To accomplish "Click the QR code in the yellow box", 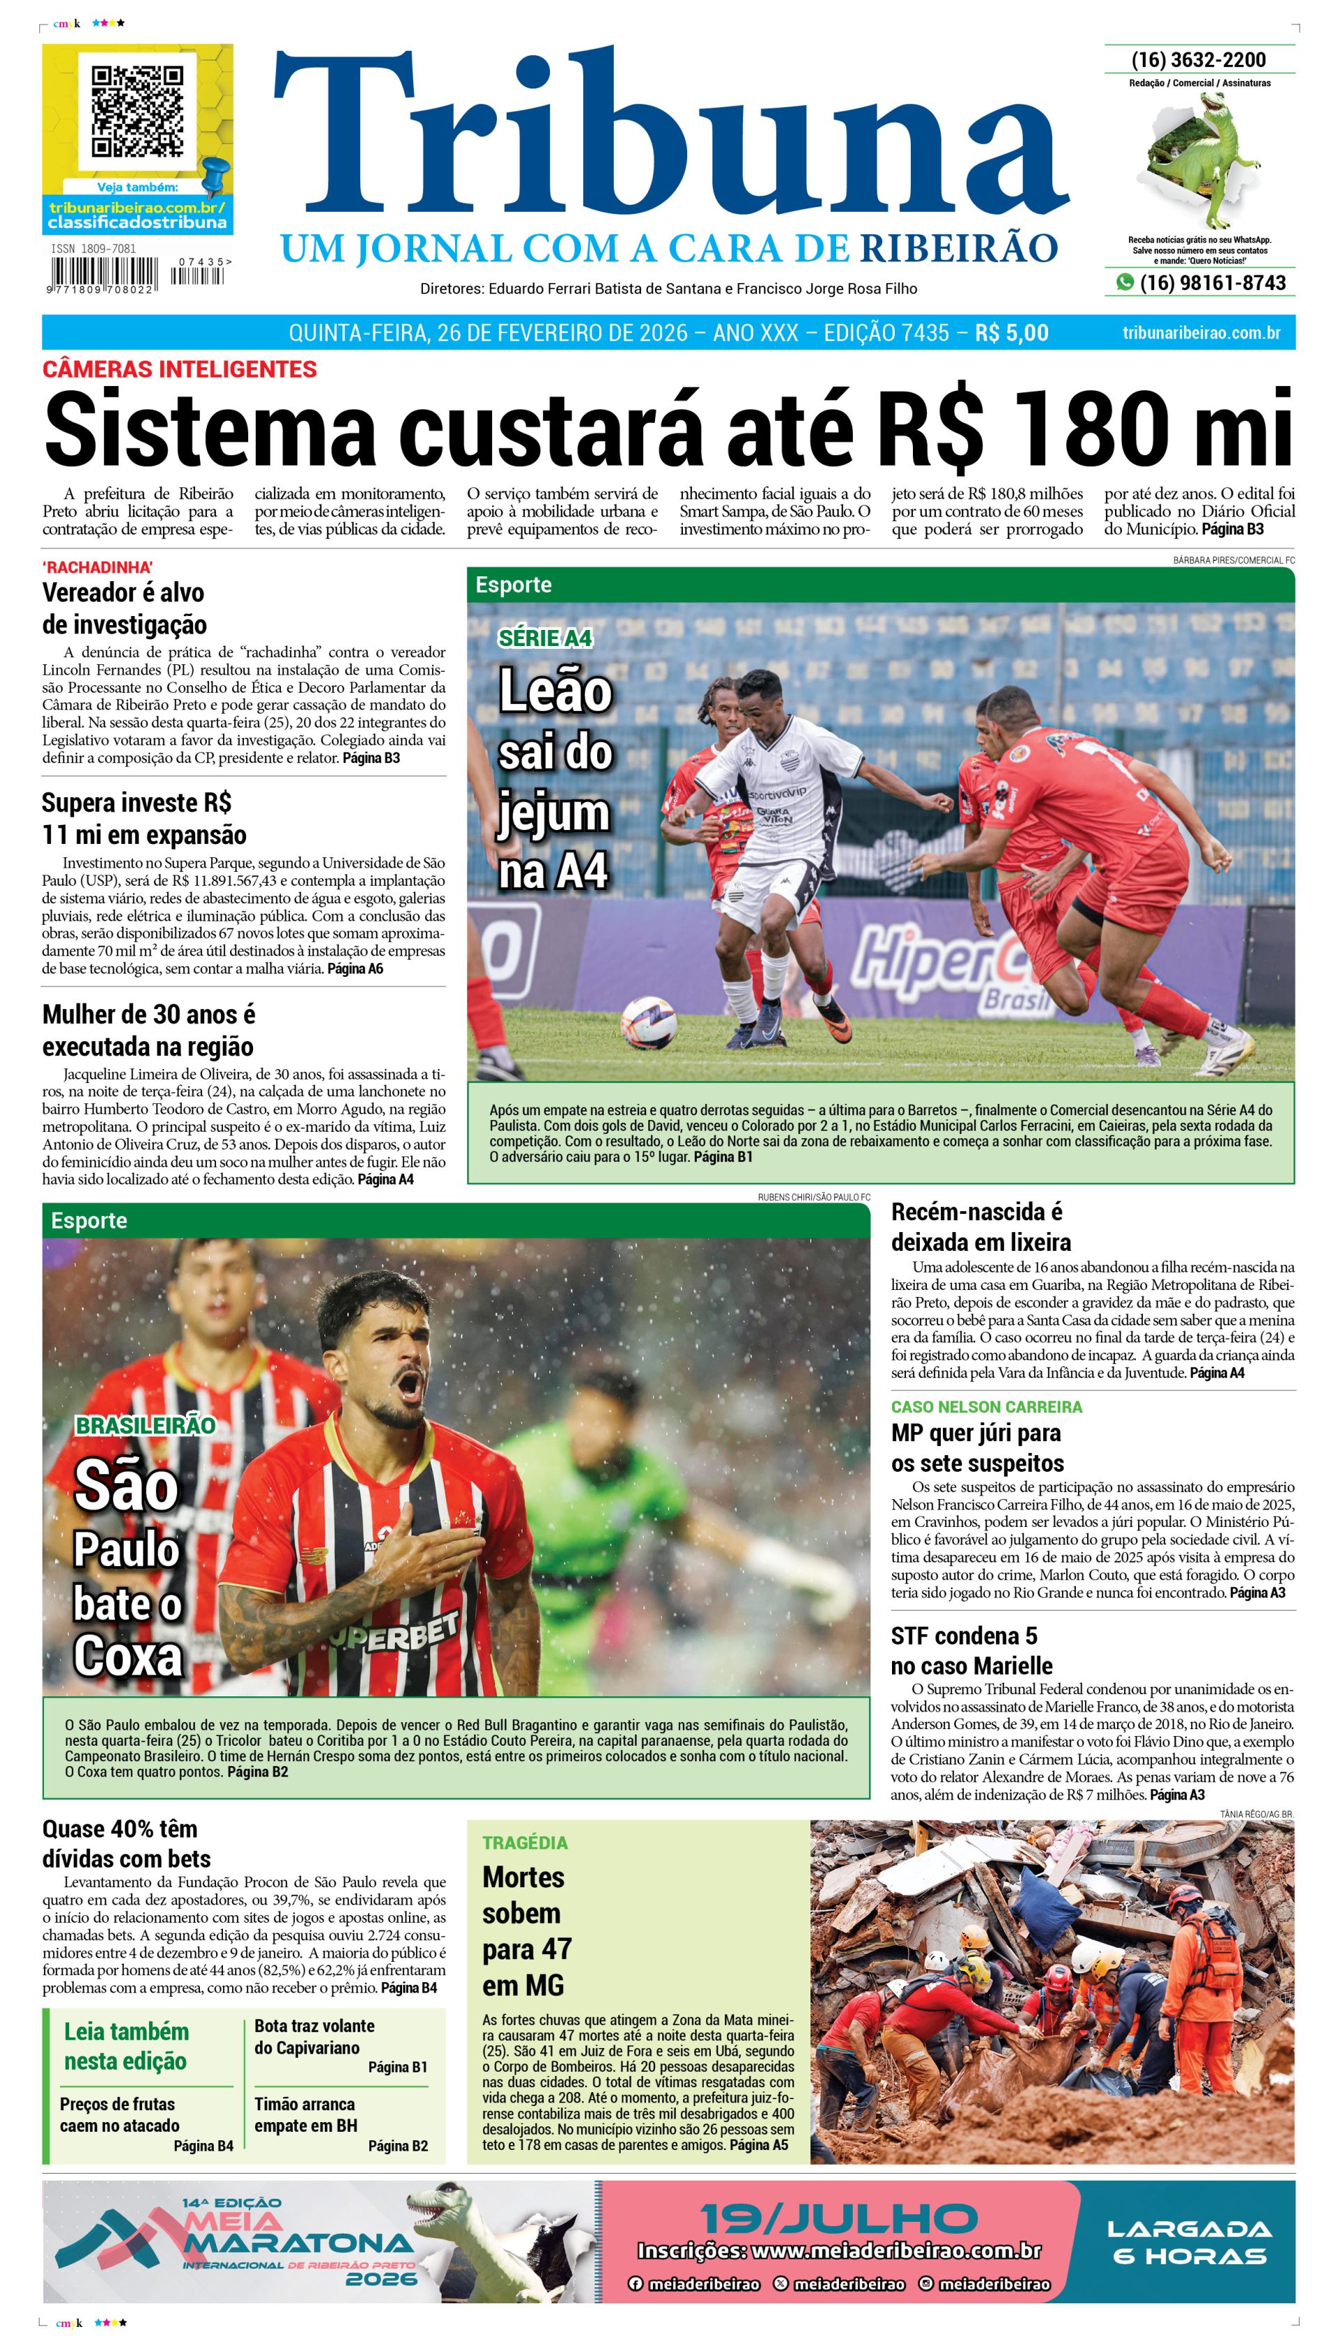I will point(137,110).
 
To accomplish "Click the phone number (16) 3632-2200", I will point(1199,60).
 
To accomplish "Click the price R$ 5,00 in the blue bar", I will point(1011,332).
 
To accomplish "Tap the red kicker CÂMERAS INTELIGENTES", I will point(179,369).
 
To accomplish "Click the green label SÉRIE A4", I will point(545,638).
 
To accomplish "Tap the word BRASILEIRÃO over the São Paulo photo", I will point(145,1426).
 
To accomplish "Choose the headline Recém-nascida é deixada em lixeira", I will point(980,1227).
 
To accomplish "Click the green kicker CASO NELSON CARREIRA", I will point(986,1407).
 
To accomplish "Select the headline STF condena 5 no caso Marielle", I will point(971,1650).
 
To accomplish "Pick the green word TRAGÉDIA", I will point(525,1842).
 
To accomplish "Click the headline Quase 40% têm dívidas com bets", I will point(126,1843).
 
